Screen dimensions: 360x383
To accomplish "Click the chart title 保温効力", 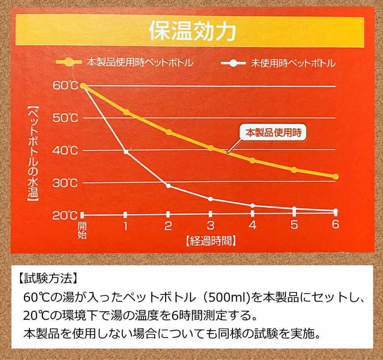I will tap(192, 32).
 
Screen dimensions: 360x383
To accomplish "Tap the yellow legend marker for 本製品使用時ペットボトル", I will tap(69, 63).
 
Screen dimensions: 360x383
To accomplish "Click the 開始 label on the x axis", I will tap(82, 230).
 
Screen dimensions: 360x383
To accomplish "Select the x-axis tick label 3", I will tap(210, 226).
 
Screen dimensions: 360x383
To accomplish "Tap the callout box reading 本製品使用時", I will tap(273, 133).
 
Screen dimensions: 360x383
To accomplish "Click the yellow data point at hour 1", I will tap(126, 112).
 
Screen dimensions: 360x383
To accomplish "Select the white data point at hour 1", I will tap(126, 152).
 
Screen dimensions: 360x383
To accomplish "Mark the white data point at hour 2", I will tap(168, 186).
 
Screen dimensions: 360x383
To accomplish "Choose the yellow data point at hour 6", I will tap(335, 176).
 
